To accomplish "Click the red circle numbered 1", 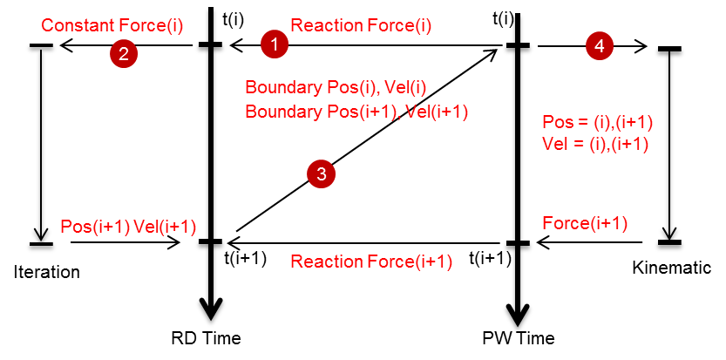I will (275, 44).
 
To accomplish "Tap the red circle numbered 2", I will (124, 54).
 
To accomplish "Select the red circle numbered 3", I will (321, 174).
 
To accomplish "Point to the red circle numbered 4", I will (599, 45).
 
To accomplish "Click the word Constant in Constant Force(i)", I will (78, 26).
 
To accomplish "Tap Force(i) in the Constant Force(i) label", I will (150, 26).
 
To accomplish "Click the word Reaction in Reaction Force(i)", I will (326, 26).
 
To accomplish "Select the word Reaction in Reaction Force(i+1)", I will (326, 262).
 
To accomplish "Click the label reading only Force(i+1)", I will (585, 223).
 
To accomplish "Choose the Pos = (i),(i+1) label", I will (598, 122).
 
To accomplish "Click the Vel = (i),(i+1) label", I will (595, 144).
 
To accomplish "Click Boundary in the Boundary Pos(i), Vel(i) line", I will (282, 87).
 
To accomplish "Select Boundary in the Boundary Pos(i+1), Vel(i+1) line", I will (282, 112).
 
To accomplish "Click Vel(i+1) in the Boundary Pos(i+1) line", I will (438, 112).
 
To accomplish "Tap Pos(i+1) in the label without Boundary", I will (94, 227).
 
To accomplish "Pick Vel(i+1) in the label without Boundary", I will (165, 227).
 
